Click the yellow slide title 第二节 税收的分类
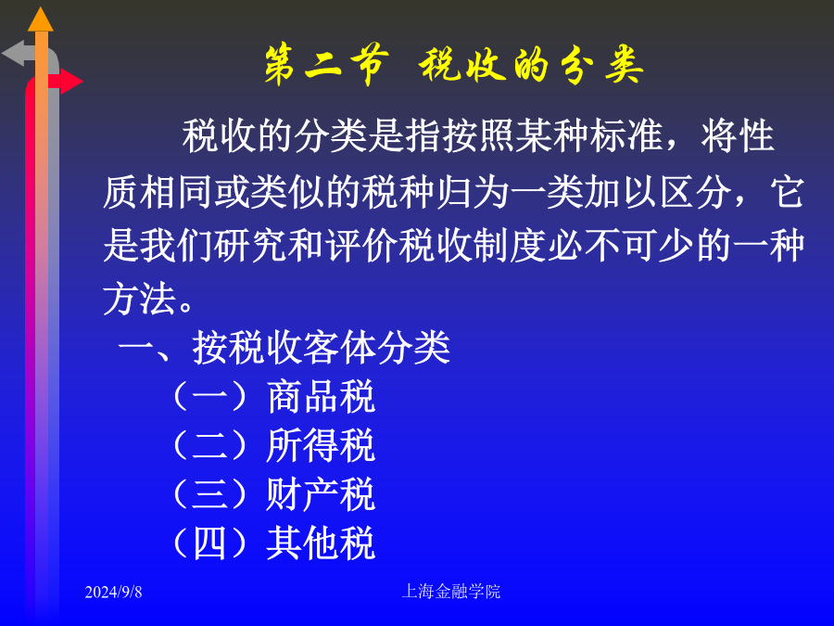pyautogui.click(x=454, y=65)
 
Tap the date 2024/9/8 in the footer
pyautogui.click(x=113, y=592)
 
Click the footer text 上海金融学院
pyautogui.click(x=451, y=592)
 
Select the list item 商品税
pyautogui.click(x=322, y=397)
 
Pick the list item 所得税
pyautogui.click(x=322, y=445)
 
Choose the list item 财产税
pyautogui.click(x=322, y=494)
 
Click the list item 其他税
pyautogui.click(x=322, y=543)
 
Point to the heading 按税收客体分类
pyautogui.click(x=322, y=348)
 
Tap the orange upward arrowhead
pyautogui.click(x=41, y=20)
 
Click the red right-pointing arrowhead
pyautogui.click(x=71, y=82)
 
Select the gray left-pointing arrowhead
pyautogui.click(x=13, y=53)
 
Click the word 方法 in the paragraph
pyautogui.click(x=139, y=299)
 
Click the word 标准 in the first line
pyautogui.click(x=626, y=135)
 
